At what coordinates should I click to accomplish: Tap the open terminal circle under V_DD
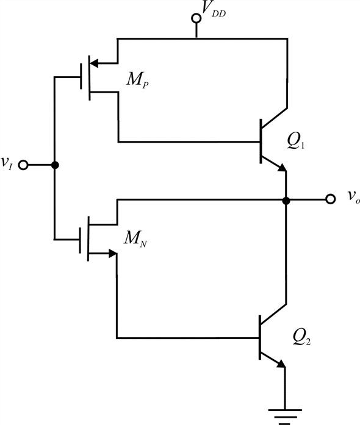coord(196,19)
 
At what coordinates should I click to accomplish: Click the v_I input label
coord(7,163)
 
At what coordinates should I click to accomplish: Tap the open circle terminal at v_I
coord(24,165)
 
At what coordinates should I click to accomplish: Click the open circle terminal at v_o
coord(330,199)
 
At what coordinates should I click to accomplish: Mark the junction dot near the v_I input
coord(55,165)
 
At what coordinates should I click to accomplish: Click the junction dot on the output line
coord(286,199)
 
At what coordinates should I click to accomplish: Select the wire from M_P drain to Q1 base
coord(189,142)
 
